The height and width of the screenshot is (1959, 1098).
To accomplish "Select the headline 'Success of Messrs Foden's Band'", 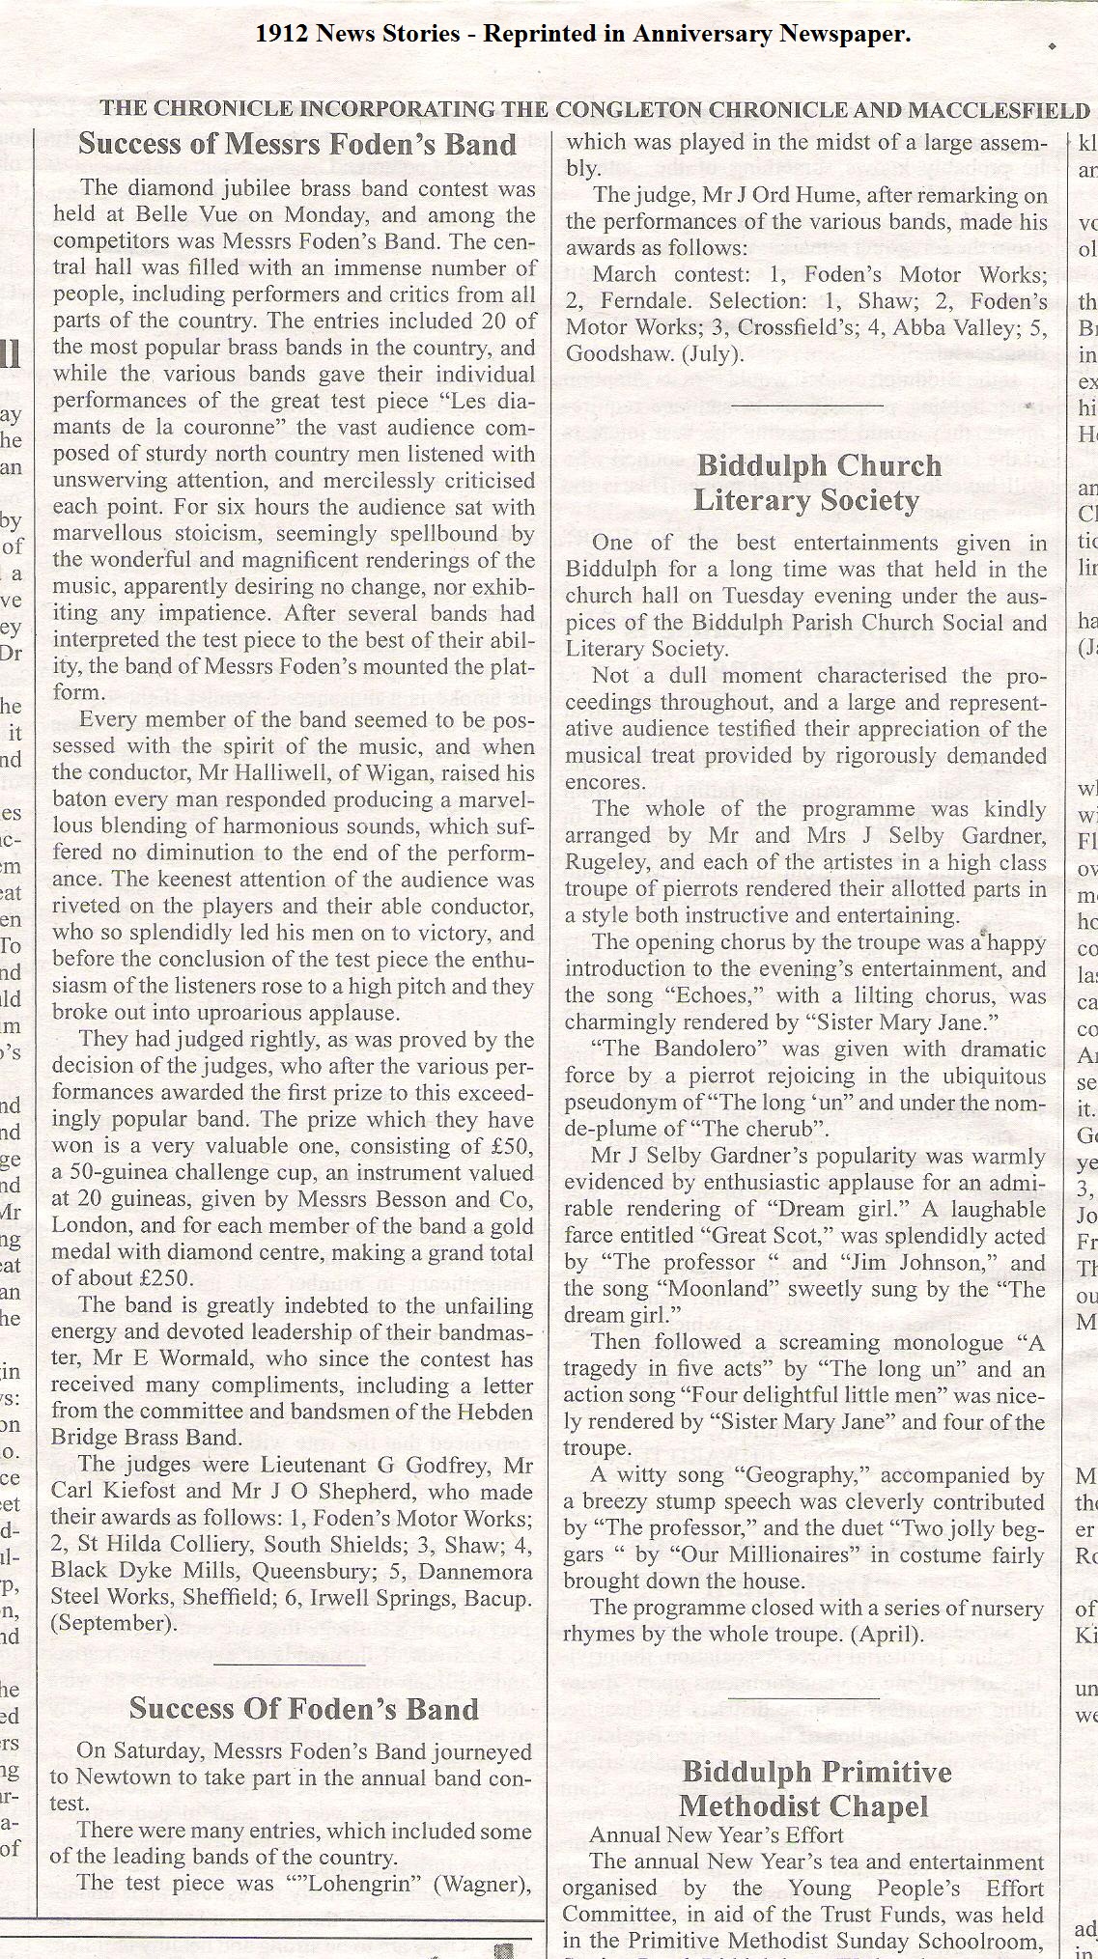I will pos(297,145).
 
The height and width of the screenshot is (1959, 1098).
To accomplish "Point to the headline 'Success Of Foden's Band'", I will pos(303,1708).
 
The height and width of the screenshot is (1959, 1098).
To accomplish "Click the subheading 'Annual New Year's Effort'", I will pos(717,1834).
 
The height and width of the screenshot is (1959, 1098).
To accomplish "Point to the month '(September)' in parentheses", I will pos(114,1623).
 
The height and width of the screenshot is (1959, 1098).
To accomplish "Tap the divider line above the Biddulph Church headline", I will pos(806,406).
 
